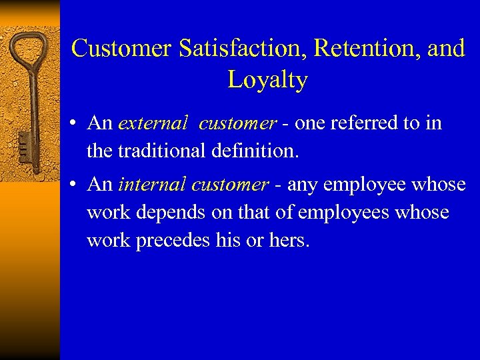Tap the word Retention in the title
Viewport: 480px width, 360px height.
(x=363, y=49)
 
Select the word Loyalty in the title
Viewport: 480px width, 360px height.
(x=267, y=80)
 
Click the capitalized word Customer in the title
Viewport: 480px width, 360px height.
(x=121, y=49)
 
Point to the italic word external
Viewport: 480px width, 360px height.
(x=153, y=123)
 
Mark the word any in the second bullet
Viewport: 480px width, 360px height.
(x=301, y=185)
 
